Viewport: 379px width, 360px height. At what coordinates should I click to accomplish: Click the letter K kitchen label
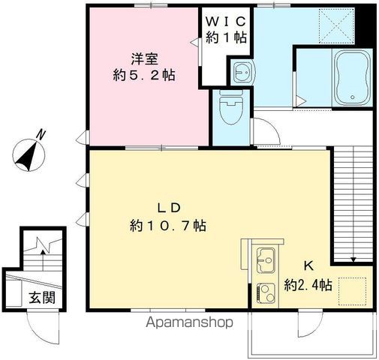pyautogui.click(x=308, y=265)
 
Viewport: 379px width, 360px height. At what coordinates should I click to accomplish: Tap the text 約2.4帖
pyautogui.click(x=309, y=285)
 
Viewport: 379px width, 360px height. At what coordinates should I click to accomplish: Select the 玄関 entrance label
pyautogui.click(x=42, y=297)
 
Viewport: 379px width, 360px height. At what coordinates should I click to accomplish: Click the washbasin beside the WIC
pyautogui.click(x=242, y=72)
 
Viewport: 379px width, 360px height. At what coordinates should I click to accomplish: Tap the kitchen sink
pyautogui.click(x=265, y=260)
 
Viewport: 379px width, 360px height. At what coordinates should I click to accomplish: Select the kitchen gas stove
pyautogui.click(x=265, y=290)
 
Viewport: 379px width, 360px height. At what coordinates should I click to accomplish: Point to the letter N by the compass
pyautogui.click(x=41, y=134)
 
